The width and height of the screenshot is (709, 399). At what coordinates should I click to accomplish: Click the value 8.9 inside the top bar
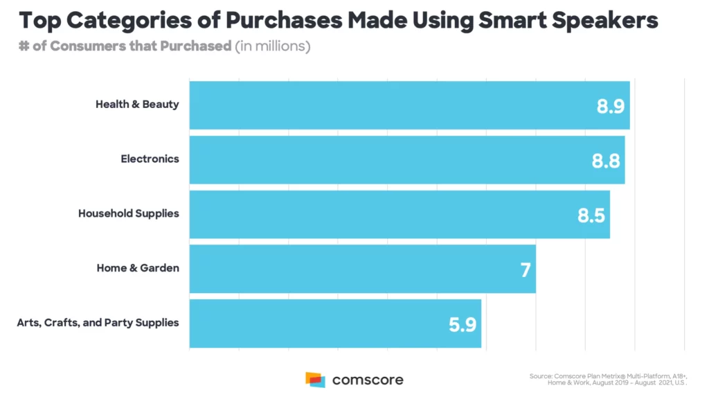tap(611, 107)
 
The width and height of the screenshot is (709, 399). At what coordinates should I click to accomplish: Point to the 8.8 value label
tap(606, 161)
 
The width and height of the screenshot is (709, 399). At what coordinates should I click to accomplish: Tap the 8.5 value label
tap(591, 215)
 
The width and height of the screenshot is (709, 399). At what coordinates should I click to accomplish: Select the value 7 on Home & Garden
tap(526, 269)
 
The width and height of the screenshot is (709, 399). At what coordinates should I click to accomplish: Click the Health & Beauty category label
tap(137, 105)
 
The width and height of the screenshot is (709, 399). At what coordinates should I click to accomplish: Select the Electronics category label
tap(150, 159)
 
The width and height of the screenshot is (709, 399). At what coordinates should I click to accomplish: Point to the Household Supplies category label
tap(128, 213)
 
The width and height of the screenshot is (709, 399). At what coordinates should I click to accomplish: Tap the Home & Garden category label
tap(138, 268)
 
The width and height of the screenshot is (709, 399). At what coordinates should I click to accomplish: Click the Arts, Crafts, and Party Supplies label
tap(98, 322)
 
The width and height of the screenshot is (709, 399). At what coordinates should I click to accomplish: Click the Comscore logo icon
tap(315, 380)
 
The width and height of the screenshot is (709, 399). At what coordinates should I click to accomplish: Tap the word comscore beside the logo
tap(367, 380)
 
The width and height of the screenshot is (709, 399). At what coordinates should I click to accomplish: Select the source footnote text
tap(608, 379)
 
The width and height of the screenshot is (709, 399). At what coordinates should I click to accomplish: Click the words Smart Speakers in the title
tap(564, 21)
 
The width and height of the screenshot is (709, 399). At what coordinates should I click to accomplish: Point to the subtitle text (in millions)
tap(272, 47)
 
